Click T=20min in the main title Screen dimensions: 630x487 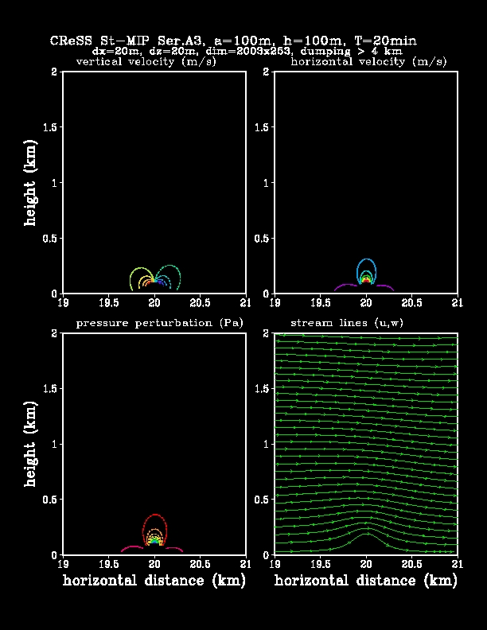[x=385, y=40]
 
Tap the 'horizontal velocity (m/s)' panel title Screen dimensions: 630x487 [x=368, y=61]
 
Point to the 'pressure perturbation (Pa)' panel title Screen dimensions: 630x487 [x=159, y=322]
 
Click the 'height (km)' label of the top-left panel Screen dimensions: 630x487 [x=31, y=182]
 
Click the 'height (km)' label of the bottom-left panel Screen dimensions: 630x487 [x=31, y=445]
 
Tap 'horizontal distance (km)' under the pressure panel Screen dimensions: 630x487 [x=154, y=581]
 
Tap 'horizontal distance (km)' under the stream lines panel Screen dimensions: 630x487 [x=366, y=581]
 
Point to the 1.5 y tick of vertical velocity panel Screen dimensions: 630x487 [x=49, y=127]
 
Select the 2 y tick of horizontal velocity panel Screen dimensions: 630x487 [x=267, y=72]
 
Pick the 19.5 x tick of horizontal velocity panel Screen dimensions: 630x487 [x=320, y=303]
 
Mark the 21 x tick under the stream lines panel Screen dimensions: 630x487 [x=458, y=564]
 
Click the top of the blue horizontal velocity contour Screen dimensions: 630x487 [x=366, y=259]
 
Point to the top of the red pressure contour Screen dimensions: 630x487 [x=154, y=515]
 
